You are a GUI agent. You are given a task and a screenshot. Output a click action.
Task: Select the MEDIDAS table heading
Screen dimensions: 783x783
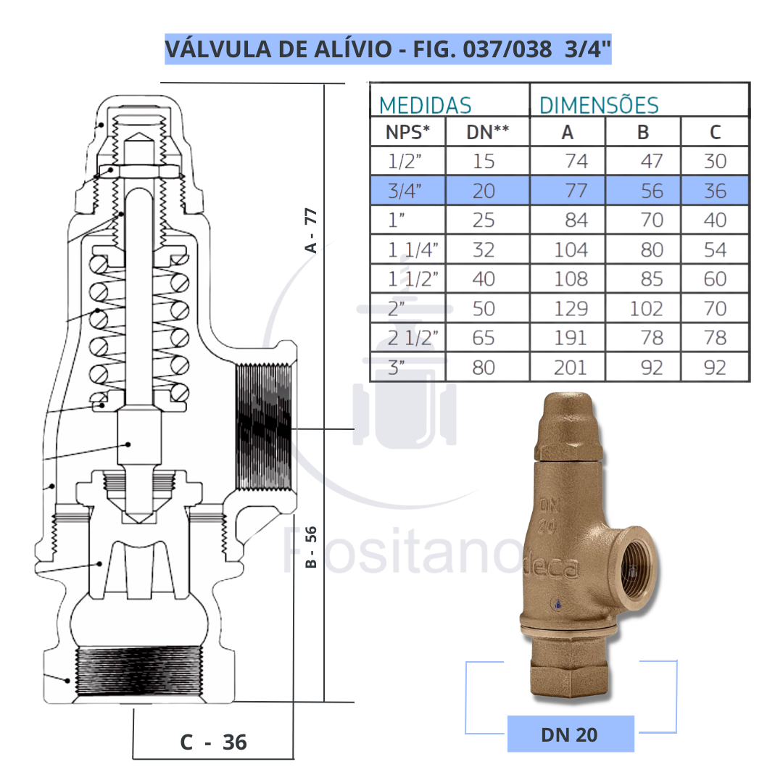(425, 105)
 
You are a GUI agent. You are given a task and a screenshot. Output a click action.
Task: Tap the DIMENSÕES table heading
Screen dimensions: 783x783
(599, 105)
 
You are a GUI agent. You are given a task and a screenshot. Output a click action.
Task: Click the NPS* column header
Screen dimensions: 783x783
(407, 132)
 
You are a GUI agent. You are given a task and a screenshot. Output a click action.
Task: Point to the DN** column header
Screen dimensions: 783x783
(486, 132)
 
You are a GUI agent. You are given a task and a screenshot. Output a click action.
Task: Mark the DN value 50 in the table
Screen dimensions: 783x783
(484, 309)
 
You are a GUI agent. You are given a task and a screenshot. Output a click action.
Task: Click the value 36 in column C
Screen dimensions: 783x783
(715, 191)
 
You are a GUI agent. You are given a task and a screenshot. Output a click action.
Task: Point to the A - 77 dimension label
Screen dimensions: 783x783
(311, 231)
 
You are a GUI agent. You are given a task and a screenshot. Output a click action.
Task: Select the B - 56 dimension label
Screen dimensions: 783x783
(311, 547)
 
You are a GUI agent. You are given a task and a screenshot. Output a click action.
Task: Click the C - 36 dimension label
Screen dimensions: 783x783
(213, 742)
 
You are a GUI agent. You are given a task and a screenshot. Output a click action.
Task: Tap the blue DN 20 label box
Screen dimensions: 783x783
(570, 734)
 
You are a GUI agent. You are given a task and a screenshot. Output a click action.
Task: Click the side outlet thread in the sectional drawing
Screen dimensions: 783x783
(263, 427)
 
